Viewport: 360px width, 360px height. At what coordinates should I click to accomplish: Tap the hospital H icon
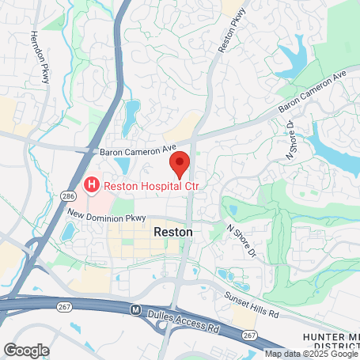(x=92, y=186)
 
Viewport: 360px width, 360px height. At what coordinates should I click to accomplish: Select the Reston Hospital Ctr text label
(x=143, y=186)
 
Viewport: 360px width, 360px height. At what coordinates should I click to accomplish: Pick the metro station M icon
(x=135, y=309)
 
